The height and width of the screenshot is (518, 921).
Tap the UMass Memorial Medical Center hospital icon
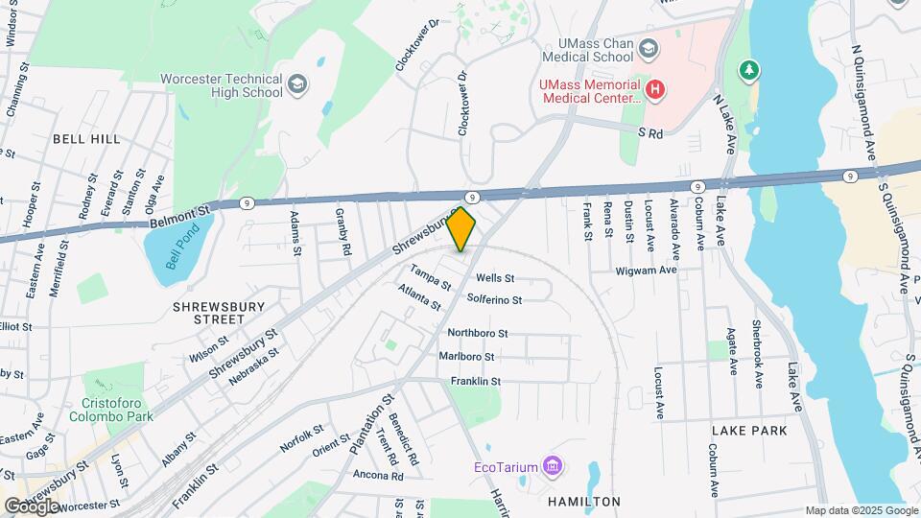tap(655, 91)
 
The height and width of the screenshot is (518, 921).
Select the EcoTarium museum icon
tap(552, 467)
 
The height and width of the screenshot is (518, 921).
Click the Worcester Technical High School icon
tap(296, 85)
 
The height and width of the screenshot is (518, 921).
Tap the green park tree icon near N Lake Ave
tap(749, 70)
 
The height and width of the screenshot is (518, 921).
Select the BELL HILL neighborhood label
tap(86, 139)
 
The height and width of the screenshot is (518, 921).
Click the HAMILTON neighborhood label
tap(583, 502)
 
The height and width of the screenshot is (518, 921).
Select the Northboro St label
tap(477, 333)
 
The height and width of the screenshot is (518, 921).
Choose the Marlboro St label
tap(466, 356)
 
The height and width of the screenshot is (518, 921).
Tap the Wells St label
tap(495, 278)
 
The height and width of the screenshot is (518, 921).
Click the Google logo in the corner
tap(33, 506)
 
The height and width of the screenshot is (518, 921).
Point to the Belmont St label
tap(178, 216)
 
